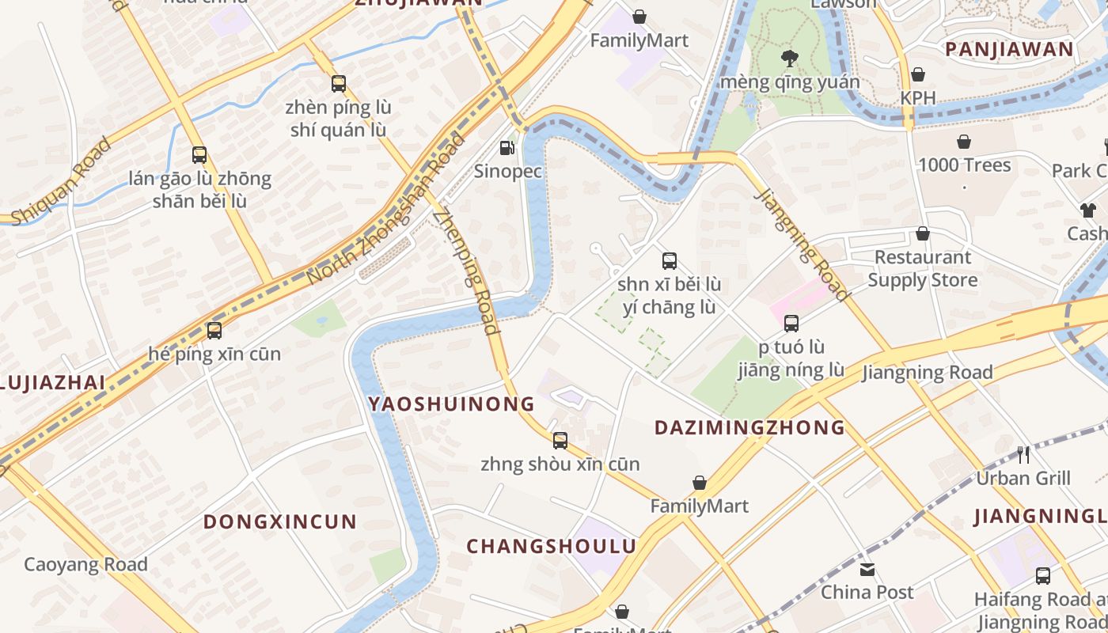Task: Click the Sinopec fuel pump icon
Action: pos(507,148)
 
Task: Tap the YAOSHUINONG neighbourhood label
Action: pos(451,404)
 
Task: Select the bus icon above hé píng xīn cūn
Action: pos(214,331)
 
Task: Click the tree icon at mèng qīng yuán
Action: pos(788,58)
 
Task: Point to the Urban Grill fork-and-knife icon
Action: pos(1023,455)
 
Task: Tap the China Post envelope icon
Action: pos(867,570)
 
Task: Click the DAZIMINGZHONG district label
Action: pos(749,428)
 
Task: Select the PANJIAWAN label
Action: pos(1010,50)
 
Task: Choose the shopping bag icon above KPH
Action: pos(917,75)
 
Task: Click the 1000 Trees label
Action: pos(964,165)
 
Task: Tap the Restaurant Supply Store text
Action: pos(923,269)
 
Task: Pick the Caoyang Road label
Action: pos(85,565)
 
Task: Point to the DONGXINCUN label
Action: pos(280,522)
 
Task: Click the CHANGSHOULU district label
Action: pos(551,547)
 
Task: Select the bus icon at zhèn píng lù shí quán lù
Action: pos(339,84)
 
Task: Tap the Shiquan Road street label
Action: pos(59,181)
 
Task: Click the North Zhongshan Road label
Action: pos(385,210)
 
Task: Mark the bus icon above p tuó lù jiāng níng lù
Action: pos(791,324)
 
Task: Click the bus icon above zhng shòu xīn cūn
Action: pos(560,441)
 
